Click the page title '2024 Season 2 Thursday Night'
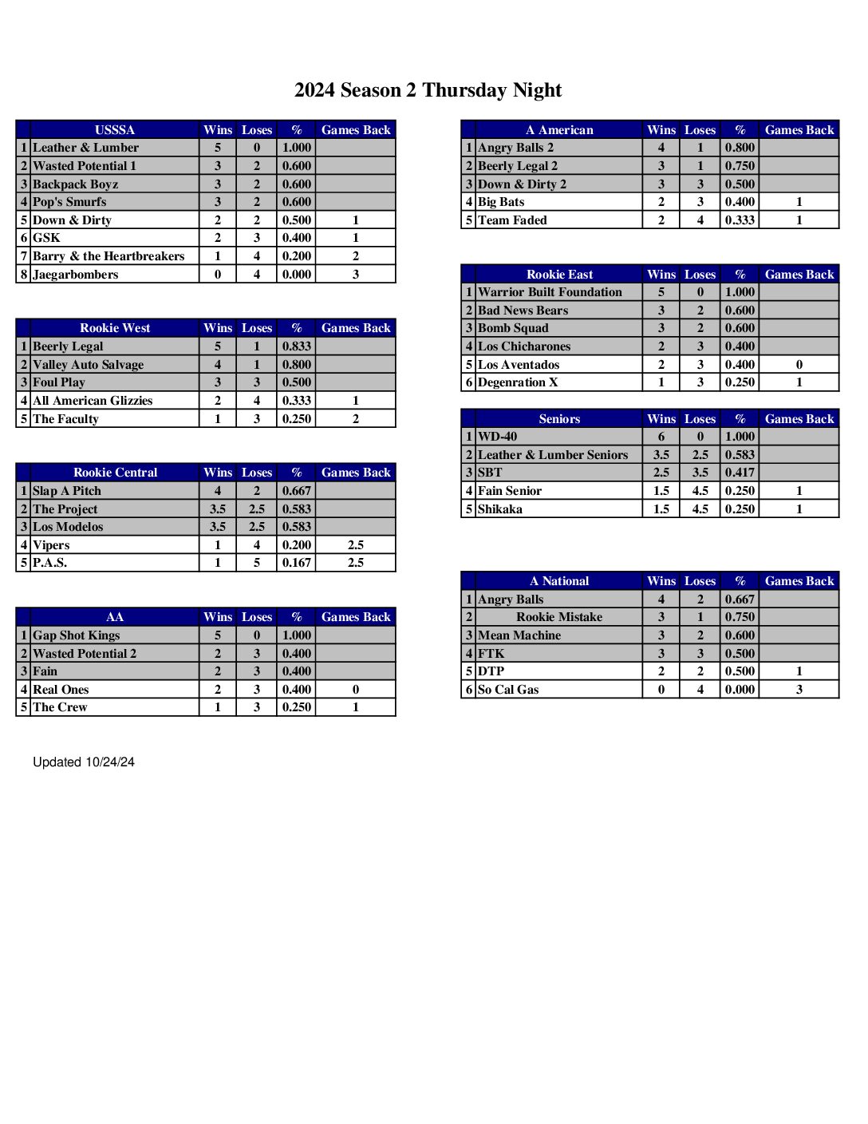[x=428, y=90]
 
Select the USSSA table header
[x=115, y=130]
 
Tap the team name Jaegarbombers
[x=76, y=275]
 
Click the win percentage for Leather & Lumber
[x=296, y=148]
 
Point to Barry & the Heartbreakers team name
[x=108, y=256]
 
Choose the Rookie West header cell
[x=115, y=328]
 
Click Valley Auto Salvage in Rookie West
[x=89, y=365]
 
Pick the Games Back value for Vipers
[x=356, y=545]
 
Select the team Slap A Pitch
[x=67, y=491]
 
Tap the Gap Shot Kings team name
[x=77, y=635]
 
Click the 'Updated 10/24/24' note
[x=84, y=762]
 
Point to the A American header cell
[x=559, y=130]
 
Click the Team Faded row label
[x=512, y=220]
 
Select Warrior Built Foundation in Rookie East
[x=550, y=292]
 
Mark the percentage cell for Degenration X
[x=740, y=382]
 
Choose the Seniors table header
[x=559, y=419]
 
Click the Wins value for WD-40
[x=661, y=437]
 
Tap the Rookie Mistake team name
[x=559, y=617]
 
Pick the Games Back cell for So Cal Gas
[x=799, y=690]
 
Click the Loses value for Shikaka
[x=700, y=509]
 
